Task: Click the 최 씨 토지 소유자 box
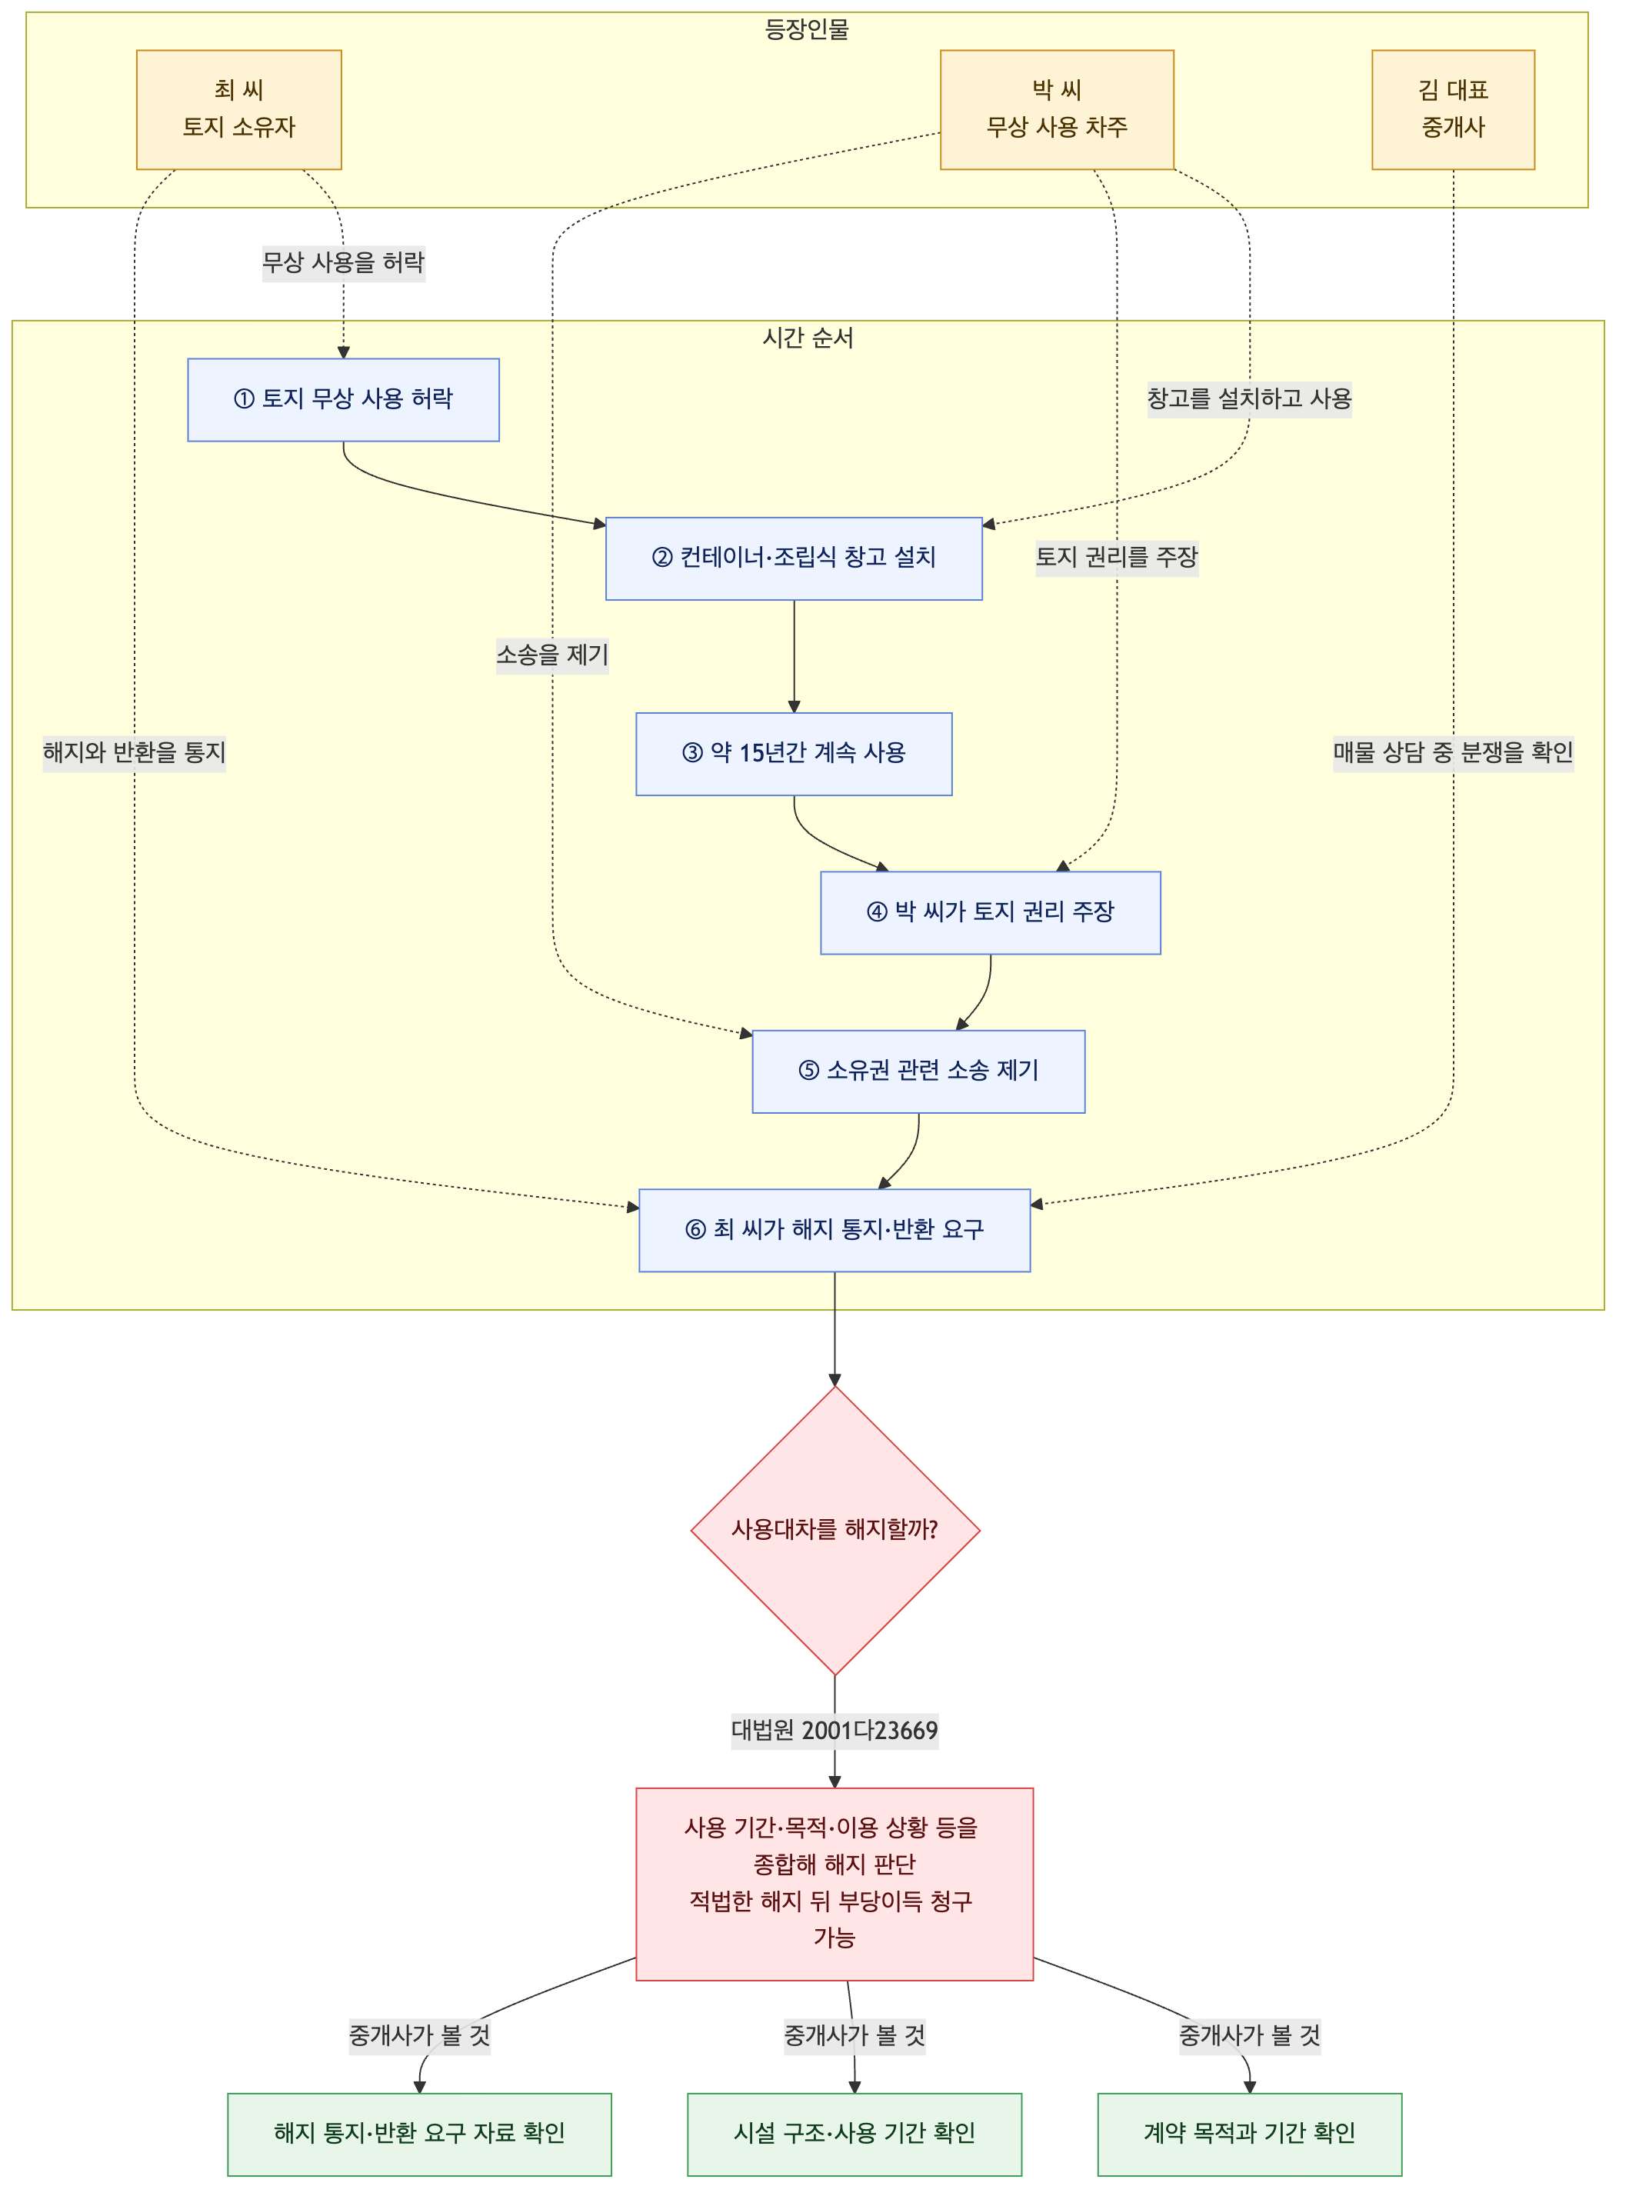238,109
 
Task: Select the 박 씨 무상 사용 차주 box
1056,109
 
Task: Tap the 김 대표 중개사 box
1453,109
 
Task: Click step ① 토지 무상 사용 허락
343,399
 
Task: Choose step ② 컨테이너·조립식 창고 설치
794,558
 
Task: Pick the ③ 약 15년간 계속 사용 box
794,754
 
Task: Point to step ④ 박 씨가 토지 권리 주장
990,912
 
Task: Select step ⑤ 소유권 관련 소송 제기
918,1071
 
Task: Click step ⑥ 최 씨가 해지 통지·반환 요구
834,1230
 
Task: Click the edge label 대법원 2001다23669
835,1730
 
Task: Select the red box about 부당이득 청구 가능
834,1884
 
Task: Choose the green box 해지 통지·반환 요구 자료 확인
419,2134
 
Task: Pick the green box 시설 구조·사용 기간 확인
854,2134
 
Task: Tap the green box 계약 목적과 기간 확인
1249,2134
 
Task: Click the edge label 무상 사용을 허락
343,262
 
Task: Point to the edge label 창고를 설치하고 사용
1249,398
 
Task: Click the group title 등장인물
807,29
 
